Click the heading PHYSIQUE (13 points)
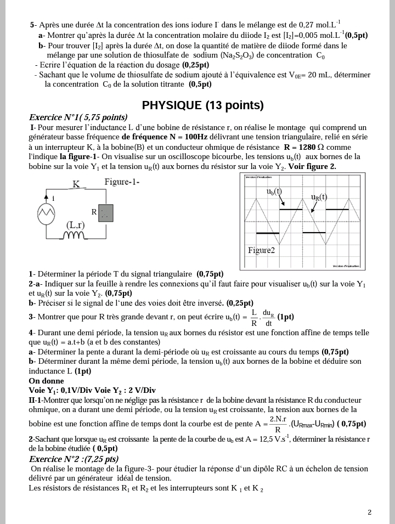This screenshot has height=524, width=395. (x=202, y=105)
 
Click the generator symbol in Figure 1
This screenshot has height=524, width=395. (x=46, y=212)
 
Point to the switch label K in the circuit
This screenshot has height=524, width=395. (x=76, y=184)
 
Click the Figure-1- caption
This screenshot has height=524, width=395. (x=122, y=182)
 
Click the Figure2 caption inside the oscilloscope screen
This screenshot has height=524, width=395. (x=261, y=250)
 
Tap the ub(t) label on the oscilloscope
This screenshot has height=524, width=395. (x=274, y=191)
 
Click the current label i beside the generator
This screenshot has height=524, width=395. (x=53, y=198)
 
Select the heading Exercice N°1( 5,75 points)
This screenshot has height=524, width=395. (x=78, y=117)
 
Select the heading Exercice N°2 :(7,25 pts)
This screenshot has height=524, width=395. (x=74, y=459)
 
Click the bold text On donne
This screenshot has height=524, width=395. (x=46, y=381)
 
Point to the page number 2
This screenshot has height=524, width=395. (x=369, y=512)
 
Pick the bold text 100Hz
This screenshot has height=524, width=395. (x=193, y=137)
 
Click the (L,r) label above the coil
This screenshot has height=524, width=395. (x=75, y=225)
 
